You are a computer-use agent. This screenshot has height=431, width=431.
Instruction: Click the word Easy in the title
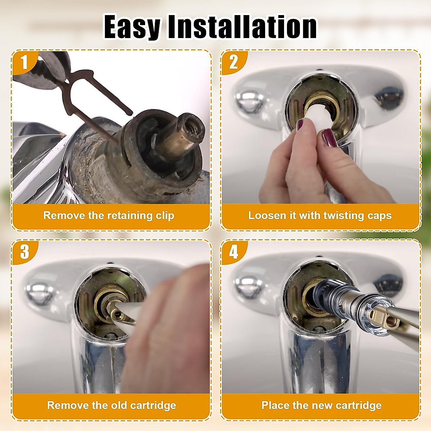132,27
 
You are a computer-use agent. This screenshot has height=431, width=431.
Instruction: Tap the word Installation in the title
242,27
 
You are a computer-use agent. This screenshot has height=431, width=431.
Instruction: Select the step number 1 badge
24,62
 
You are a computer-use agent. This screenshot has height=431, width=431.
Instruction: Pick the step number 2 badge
233,62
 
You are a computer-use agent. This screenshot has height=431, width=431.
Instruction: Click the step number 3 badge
24,252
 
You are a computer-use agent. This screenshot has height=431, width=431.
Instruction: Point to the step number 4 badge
233,252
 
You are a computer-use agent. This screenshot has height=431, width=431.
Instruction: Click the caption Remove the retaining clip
108,215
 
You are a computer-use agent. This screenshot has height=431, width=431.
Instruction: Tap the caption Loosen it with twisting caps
320,215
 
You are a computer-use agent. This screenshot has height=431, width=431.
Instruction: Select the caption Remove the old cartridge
111,405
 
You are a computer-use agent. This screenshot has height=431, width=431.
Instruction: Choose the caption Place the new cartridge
321,405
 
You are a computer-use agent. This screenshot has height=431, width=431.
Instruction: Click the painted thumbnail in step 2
300,125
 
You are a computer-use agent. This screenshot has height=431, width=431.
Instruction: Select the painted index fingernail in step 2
329,138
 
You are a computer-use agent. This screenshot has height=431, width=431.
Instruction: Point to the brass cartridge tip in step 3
117,314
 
